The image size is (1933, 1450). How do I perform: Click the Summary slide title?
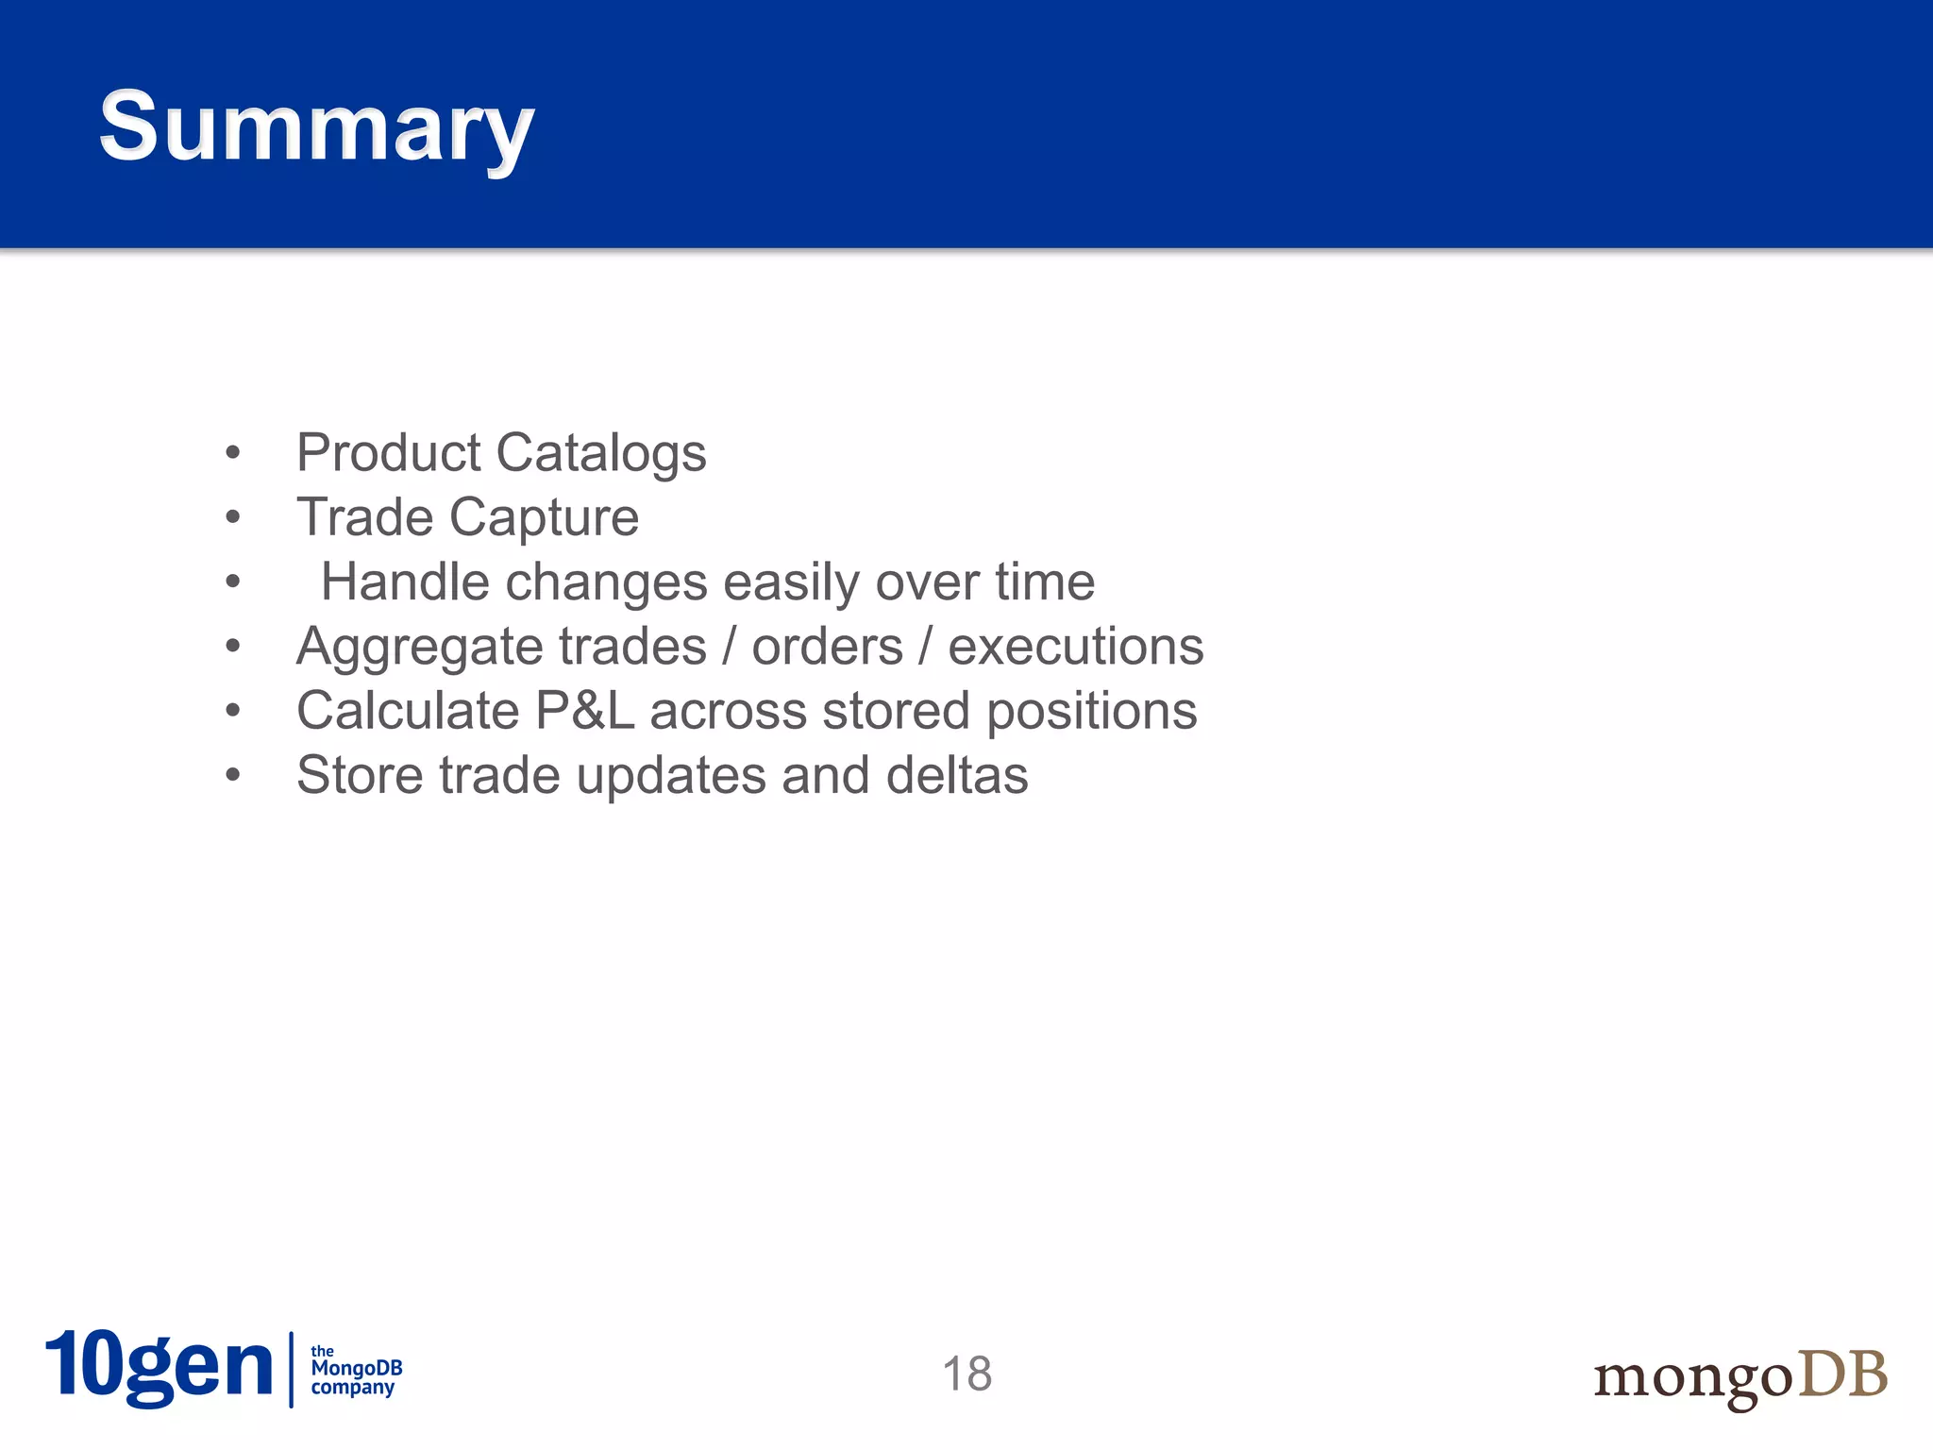point(316,127)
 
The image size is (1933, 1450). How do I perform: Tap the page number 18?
point(966,1374)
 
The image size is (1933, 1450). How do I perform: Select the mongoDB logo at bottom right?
point(1740,1376)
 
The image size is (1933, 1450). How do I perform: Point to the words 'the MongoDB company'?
point(356,1370)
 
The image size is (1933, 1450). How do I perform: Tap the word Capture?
point(544,517)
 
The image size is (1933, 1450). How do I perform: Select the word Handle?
point(405,582)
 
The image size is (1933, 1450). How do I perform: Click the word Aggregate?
point(406,648)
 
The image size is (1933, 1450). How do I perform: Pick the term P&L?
point(584,711)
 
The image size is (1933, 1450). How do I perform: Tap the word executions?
point(1076,647)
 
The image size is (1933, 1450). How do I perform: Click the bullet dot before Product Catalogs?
point(233,453)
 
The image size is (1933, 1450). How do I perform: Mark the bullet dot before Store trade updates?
point(233,776)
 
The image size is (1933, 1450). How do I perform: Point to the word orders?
point(827,647)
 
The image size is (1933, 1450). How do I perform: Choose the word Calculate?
point(407,711)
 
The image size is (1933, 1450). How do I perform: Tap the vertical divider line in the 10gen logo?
point(291,1369)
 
